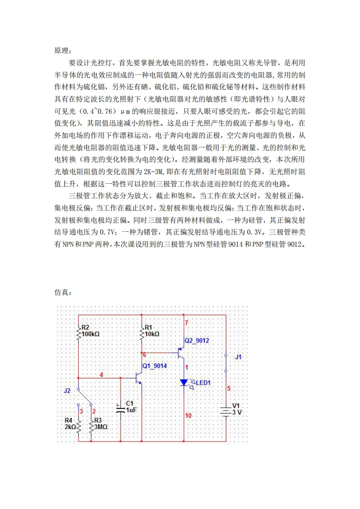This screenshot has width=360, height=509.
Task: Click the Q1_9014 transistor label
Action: tap(155, 366)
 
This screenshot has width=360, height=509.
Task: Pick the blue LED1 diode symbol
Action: tap(184, 382)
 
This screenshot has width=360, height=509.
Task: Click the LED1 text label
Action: tap(203, 383)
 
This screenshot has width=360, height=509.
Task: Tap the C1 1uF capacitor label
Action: tap(130, 406)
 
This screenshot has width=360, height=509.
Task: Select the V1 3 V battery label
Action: tap(237, 409)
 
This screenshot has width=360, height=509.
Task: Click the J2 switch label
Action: tap(67, 390)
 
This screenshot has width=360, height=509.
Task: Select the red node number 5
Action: tap(229, 388)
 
